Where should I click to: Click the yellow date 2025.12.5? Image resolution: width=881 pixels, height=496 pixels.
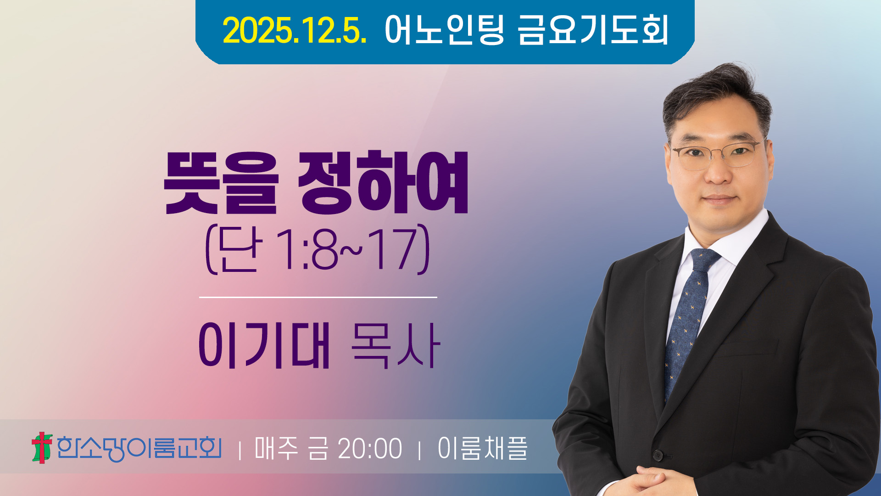[295, 30]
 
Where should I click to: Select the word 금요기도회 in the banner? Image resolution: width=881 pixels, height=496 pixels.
[593, 30]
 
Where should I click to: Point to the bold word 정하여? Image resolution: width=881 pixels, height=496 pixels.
[383, 183]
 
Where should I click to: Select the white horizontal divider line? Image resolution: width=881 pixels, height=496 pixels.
[318, 297]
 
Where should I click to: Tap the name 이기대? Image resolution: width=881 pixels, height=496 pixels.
[265, 345]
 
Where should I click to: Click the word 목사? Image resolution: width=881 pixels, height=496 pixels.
[396, 345]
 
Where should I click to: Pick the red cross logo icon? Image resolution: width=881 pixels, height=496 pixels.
[42, 447]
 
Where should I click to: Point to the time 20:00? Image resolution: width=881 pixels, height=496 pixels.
[370, 449]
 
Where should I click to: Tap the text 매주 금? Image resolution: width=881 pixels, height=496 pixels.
[291, 448]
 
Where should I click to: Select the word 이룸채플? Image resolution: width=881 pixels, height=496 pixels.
[482, 448]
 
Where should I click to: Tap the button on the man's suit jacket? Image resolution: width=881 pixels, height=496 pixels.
[658, 455]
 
